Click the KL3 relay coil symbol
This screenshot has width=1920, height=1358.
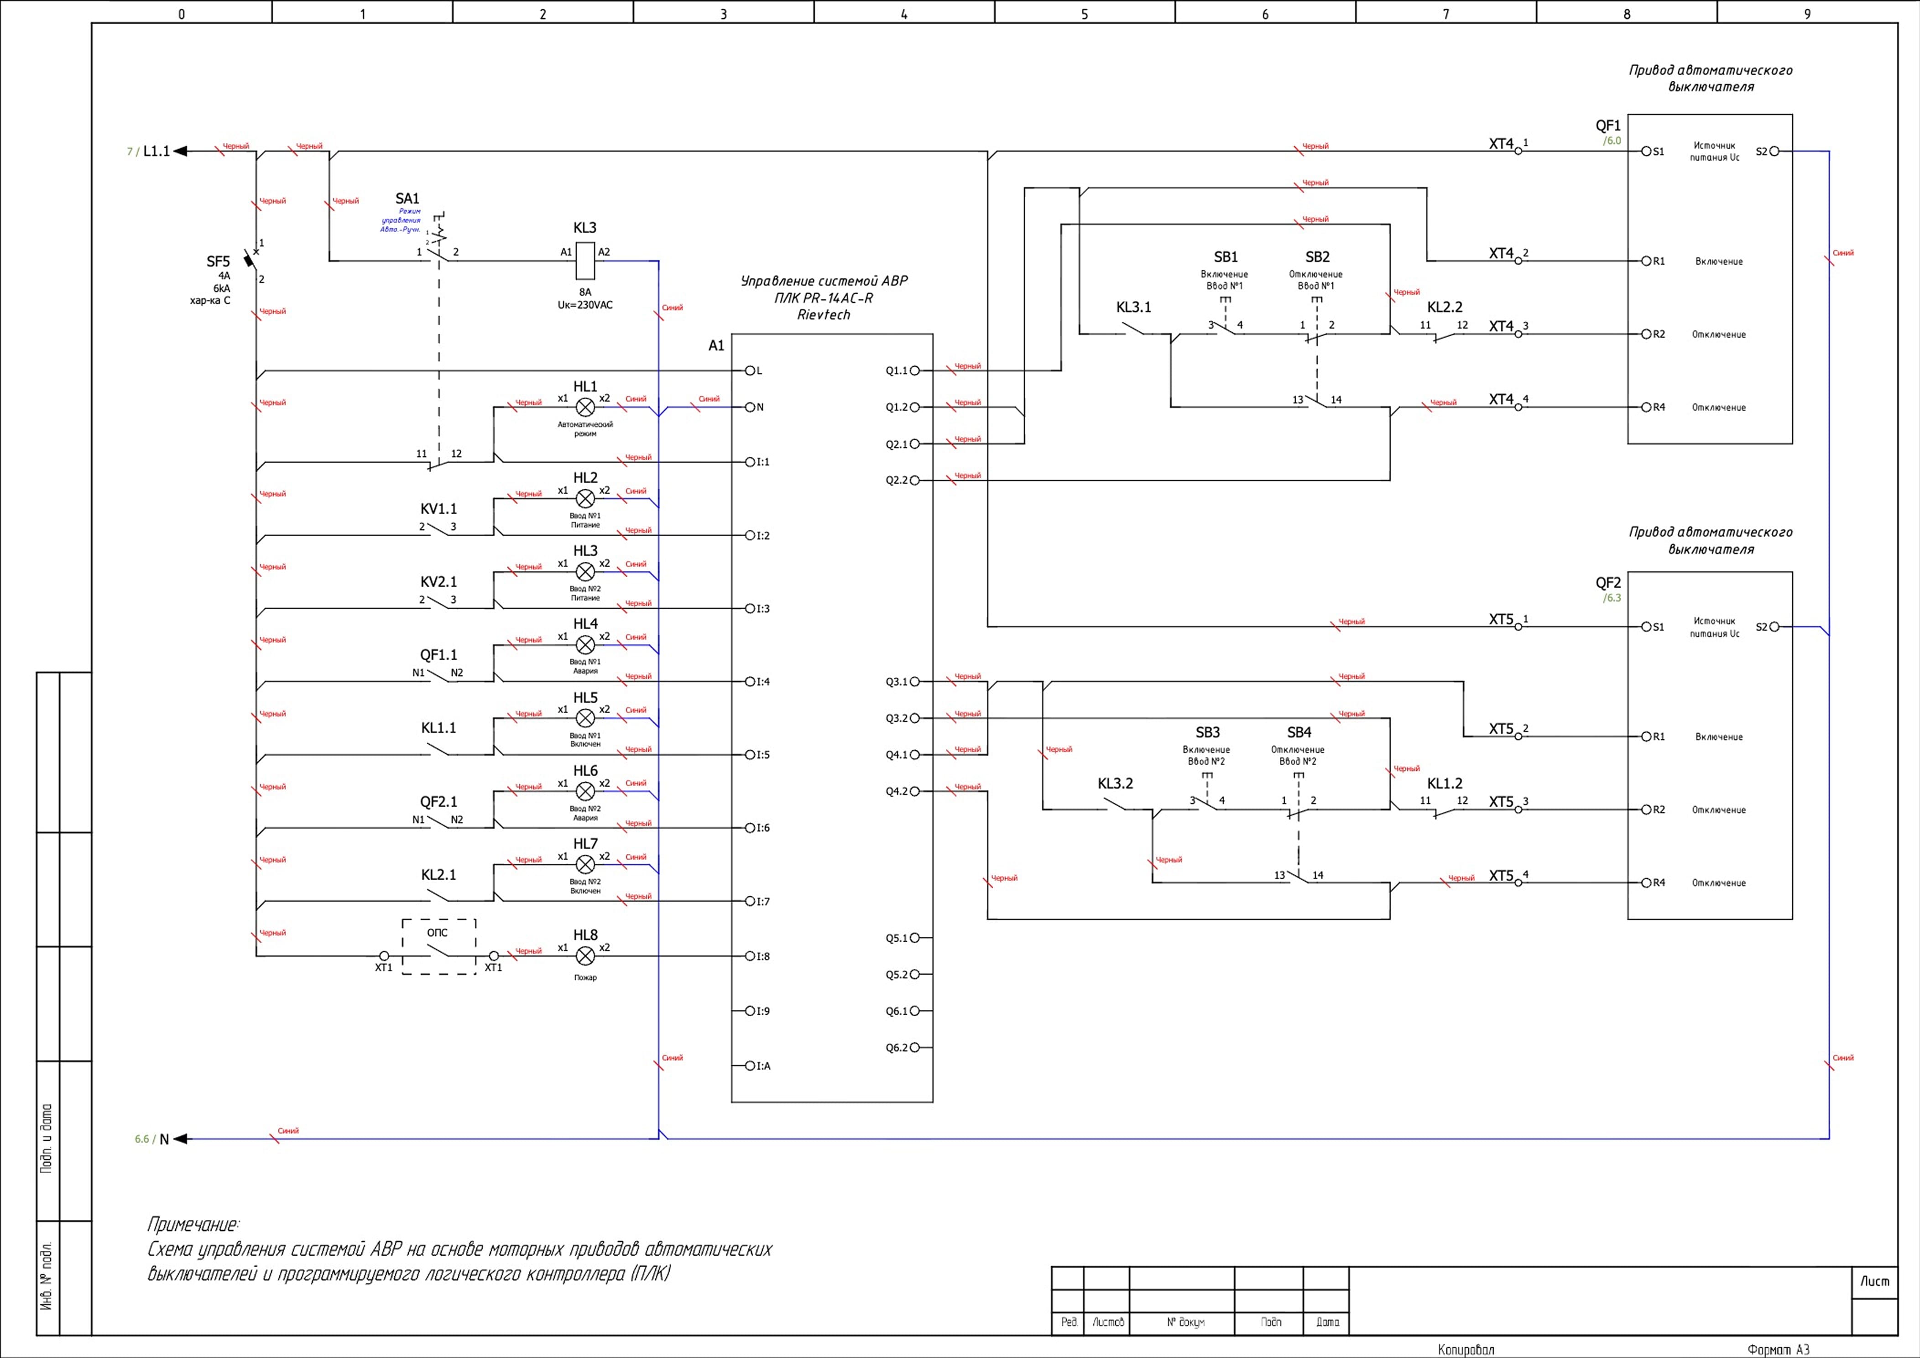click(585, 261)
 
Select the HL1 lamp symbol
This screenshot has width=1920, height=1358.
click(585, 407)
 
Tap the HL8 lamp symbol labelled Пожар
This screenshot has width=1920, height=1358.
click(585, 956)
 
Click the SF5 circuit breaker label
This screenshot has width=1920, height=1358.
click(218, 262)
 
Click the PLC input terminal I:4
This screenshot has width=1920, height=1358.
click(750, 681)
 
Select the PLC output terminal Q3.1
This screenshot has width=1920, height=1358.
click(915, 681)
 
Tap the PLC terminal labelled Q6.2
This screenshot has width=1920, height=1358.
click(915, 1048)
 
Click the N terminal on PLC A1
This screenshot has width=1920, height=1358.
click(750, 407)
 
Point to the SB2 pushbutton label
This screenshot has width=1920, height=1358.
click(1317, 257)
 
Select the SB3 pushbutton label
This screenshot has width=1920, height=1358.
click(1207, 732)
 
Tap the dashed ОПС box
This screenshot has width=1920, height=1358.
click(439, 946)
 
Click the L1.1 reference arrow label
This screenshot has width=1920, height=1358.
click(157, 151)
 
